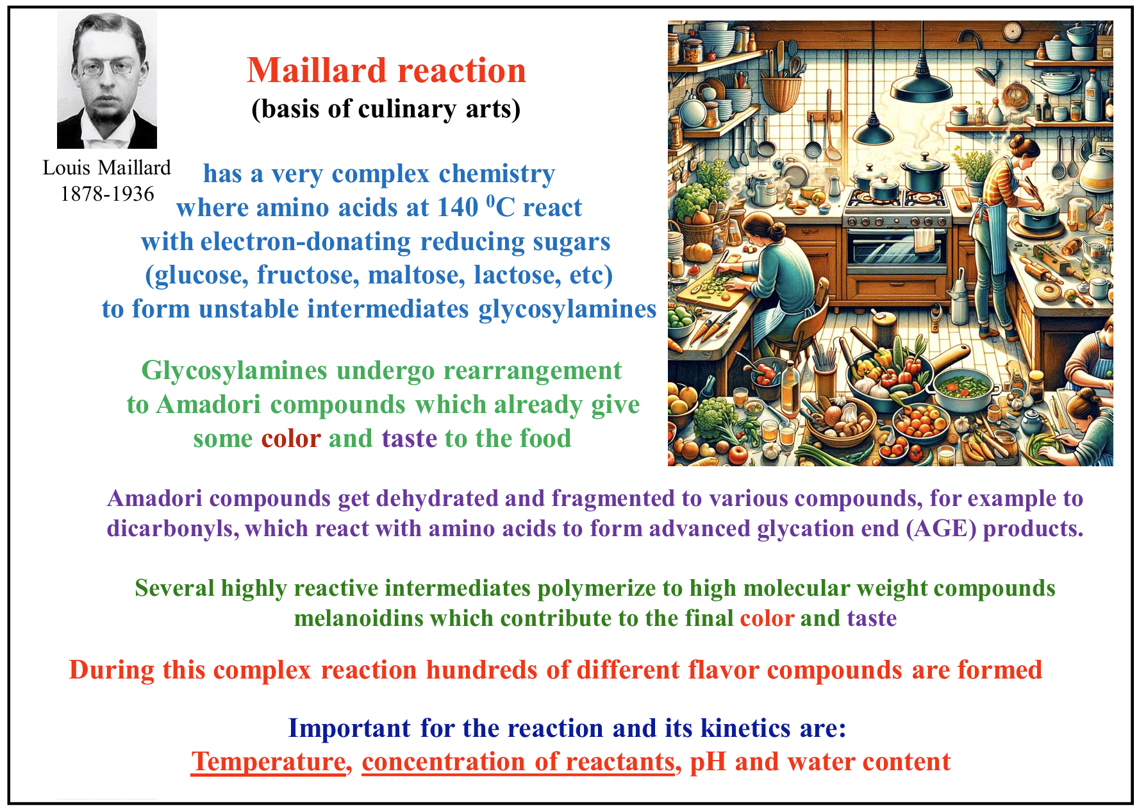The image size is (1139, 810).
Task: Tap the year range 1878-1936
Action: pos(107,194)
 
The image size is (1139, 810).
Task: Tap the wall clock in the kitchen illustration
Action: pos(1011,31)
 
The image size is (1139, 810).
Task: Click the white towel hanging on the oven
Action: pos(924,240)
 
